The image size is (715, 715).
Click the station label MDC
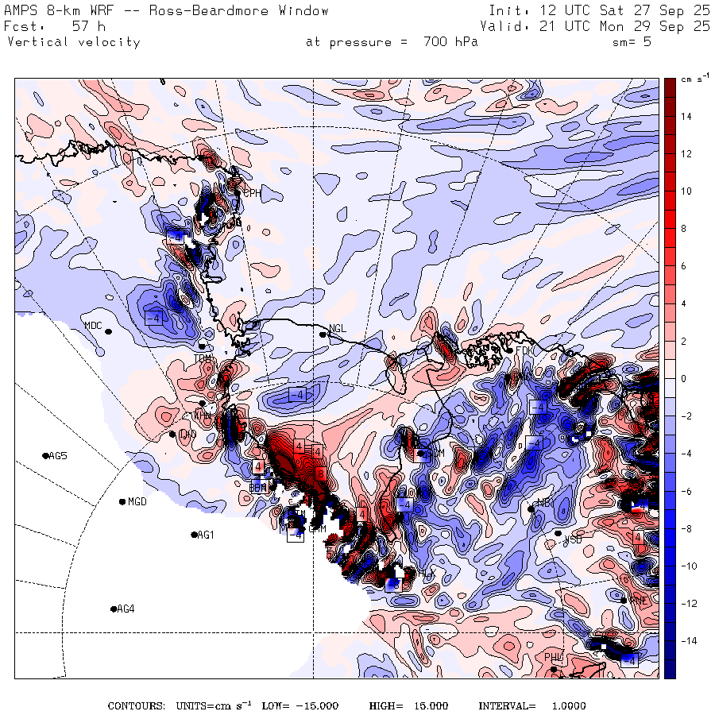point(94,325)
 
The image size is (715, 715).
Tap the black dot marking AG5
point(45,455)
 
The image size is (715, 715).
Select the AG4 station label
point(126,609)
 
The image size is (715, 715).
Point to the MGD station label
point(137,501)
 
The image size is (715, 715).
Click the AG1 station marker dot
point(194,535)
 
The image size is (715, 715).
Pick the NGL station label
point(338,328)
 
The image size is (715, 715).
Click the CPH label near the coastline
point(252,192)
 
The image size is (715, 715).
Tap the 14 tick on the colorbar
point(686,117)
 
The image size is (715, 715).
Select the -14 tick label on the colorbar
point(687,640)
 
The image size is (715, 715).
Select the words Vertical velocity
point(73,42)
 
